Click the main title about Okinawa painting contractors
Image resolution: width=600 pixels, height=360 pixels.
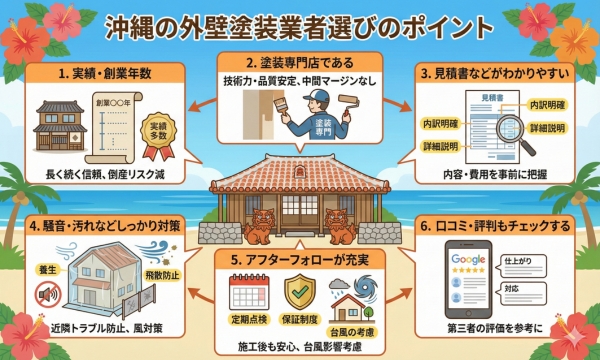click(x=300, y=24)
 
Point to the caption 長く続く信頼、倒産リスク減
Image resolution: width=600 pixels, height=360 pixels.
click(x=105, y=174)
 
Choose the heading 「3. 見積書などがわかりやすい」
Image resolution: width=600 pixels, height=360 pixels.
click(x=497, y=74)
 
